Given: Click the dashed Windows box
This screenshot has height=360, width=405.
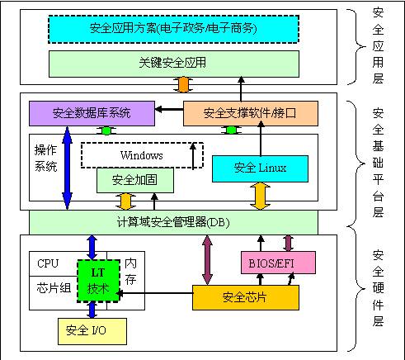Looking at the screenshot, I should [x=141, y=155].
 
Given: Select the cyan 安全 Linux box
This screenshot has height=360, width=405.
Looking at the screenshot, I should [x=260, y=168].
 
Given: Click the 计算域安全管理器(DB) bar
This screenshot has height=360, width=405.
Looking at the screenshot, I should [x=173, y=221].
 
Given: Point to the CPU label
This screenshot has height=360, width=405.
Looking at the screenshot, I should [x=49, y=263].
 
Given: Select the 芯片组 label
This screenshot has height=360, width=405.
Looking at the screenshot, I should [x=52, y=287].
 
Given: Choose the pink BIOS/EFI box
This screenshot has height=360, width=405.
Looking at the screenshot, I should [x=278, y=263].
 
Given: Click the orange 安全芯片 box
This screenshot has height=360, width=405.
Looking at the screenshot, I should [x=245, y=296].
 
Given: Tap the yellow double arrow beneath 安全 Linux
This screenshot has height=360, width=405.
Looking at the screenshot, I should [x=260, y=196].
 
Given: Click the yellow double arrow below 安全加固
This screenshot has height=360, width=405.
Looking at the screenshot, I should [x=125, y=201].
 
